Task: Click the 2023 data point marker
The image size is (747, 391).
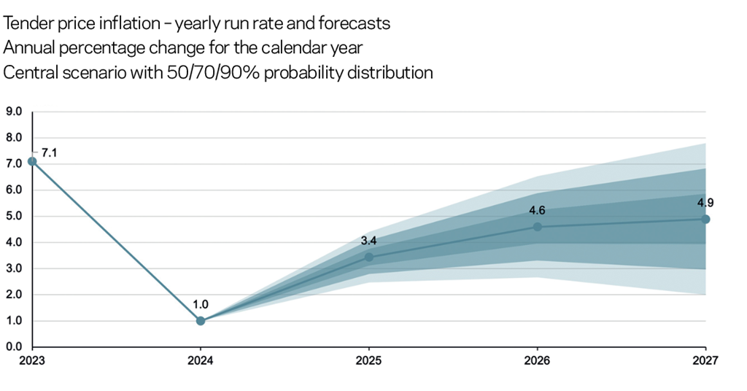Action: pyautogui.click(x=32, y=161)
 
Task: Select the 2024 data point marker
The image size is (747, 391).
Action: pyautogui.click(x=201, y=321)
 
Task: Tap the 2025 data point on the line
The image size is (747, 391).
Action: pyautogui.click(x=369, y=258)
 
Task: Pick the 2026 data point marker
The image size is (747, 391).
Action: pyautogui.click(x=538, y=227)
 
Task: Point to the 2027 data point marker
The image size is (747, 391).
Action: pyautogui.click(x=705, y=219)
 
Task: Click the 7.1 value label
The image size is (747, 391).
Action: pyautogui.click(x=50, y=152)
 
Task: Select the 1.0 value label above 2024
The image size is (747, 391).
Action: pyautogui.click(x=201, y=306)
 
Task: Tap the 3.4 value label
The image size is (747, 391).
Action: pyautogui.click(x=369, y=240)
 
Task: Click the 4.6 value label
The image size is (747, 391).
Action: pyautogui.click(x=538, y=211)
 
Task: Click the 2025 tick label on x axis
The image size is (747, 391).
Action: pyautogui.click(x=369, y=360)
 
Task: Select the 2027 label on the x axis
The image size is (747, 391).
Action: pyautogui.click(x=705, y=360)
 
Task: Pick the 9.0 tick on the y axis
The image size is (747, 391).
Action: pyautogui.click(x=15, y=112)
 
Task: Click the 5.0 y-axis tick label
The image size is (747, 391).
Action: pyautogui.click(x=15, y=216)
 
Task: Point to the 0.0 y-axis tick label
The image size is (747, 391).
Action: pyautogui.click(x=15, y=347)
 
